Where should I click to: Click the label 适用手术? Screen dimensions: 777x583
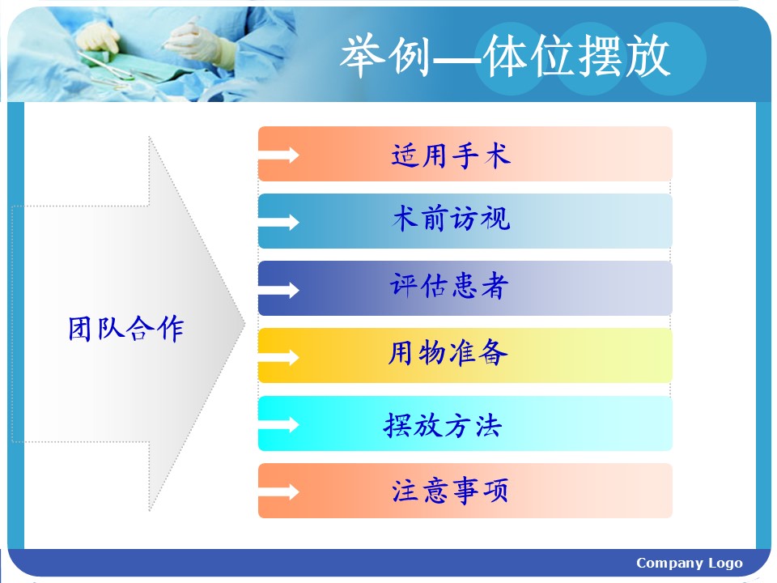451,155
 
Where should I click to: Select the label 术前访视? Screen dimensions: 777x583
451,218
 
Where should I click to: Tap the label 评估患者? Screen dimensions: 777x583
449,286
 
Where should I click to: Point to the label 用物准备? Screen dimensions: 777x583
448,353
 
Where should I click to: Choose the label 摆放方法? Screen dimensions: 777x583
443,425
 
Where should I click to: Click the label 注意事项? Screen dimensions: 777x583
450,491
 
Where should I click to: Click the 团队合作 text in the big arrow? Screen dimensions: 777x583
126,328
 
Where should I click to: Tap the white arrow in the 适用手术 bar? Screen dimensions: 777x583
279,155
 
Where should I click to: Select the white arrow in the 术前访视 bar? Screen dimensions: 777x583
279,222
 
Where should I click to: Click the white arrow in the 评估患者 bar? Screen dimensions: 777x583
279,290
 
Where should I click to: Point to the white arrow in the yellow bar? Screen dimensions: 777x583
279,357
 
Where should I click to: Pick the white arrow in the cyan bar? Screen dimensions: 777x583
279,425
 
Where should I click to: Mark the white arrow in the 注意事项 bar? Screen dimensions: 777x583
279,492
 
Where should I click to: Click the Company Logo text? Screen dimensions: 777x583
690,564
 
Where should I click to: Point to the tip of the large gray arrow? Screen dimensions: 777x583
244,324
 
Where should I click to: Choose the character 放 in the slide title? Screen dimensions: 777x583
647,56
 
